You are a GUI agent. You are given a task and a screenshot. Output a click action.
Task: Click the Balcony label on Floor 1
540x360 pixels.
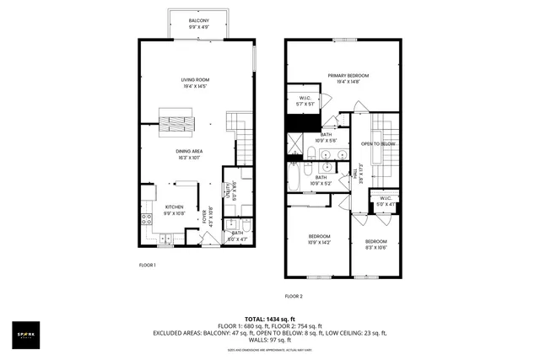coord(199,23)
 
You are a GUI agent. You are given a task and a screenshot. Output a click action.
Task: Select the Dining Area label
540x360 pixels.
coord(188,153)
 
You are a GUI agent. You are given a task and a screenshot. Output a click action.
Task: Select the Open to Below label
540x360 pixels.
coord(379,144)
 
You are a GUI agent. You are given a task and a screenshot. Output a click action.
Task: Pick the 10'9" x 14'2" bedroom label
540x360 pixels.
coord(319,239)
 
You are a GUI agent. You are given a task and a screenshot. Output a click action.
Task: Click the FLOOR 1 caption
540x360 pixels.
coord(148,265)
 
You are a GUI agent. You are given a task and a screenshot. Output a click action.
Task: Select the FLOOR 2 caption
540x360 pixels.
coord(293,296)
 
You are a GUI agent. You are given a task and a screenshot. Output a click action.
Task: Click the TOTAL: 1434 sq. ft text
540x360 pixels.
coord(269,320)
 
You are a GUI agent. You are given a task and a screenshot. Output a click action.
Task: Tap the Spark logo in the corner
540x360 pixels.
coord(30,334)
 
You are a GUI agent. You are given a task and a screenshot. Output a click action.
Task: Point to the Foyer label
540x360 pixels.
coord(207,214)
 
